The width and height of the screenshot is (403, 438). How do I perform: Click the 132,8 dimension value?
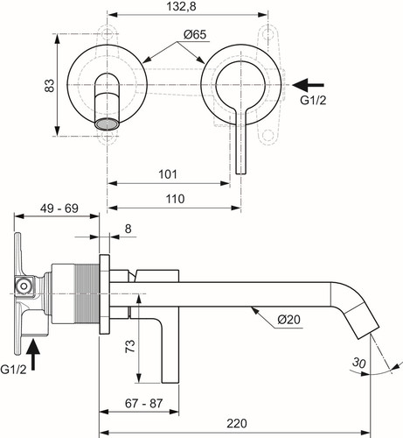click(x=181, y=7)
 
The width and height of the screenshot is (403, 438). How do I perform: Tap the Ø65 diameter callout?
click(x=195, y=35)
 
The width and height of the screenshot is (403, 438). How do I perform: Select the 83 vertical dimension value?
click(x=50, y=86)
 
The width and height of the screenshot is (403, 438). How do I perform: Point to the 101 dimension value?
click(x=168, y=174)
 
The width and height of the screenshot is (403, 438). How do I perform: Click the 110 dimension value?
click(x=175, y=199)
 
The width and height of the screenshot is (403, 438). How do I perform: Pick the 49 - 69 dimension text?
click(x=59, y=208)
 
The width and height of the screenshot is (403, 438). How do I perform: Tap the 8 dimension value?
click(x=129, y=229)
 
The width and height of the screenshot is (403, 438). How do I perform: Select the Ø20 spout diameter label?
click(x=288, y=319)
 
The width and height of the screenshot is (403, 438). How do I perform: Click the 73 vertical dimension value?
click(x=130, y=346)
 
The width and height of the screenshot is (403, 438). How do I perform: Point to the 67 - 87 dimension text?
click(x=143, y=403)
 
